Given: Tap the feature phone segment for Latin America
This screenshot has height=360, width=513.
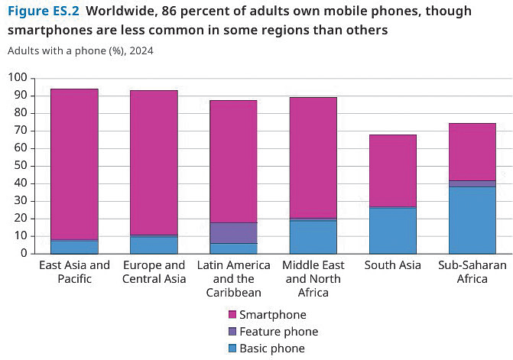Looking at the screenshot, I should coord(233,232).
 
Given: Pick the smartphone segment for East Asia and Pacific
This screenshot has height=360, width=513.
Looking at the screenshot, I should coord(74,164).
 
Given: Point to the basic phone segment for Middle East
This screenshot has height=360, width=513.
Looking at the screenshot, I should coord(313,237).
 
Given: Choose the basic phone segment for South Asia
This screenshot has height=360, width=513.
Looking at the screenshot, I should coord(392,230).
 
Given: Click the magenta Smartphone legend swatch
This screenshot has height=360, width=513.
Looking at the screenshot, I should coord(232,315).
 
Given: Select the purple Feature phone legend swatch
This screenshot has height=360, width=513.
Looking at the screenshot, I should coord(232,332).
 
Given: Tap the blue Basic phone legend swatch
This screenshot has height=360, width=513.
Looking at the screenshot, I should coord(232,349).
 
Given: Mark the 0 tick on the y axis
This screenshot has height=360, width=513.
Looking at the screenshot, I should coord(23,253).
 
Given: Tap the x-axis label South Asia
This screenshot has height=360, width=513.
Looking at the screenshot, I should coord(392,265).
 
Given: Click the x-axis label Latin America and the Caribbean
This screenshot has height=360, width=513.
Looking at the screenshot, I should coord(233,278).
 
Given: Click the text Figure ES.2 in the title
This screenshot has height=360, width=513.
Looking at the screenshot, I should coord(43,11).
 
